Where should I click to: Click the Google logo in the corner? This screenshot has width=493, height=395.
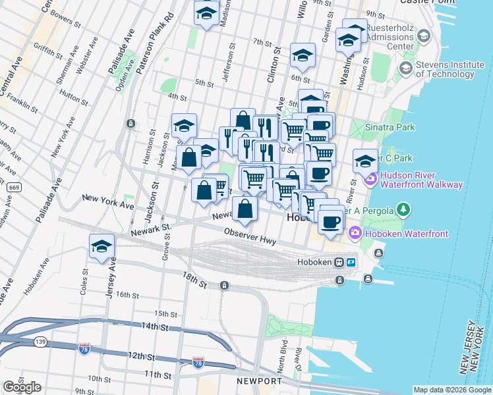22,387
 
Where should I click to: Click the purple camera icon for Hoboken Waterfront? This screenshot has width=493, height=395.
355,232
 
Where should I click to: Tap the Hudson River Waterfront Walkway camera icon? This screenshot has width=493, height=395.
370,178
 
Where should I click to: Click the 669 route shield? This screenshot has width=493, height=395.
11,188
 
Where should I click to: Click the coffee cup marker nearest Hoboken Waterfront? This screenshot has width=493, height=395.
330,221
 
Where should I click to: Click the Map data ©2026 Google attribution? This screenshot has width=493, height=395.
451,390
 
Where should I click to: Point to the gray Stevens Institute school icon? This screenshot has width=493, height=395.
405,68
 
